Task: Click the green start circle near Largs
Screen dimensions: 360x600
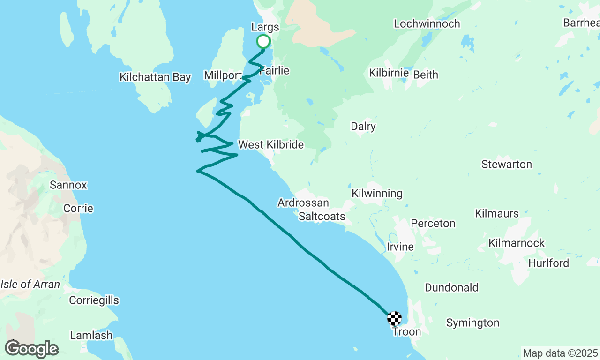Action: click(263, 41)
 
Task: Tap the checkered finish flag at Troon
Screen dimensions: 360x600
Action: click(395, 318)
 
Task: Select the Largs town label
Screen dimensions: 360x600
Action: click(265, 27)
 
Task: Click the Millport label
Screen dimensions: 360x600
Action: click(223, 75)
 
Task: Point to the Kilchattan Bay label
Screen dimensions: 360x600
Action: click(155, 77)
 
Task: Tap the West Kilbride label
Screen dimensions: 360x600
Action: click(271, 144)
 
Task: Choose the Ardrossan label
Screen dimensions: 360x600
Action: click(303, 203)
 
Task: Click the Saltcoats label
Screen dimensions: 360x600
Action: click(322, 216)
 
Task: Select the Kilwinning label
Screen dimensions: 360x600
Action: click(377, 193)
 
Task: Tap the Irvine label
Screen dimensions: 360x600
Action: click(400, 247)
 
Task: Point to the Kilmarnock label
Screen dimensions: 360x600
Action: click(517, 243)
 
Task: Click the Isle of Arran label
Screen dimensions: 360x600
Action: click(30, 284)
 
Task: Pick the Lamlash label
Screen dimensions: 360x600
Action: click(91, 335)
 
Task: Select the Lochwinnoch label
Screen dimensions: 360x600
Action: click(427, 23)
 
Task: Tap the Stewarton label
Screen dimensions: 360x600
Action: click(507, 164)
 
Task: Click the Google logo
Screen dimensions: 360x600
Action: click(32, 349)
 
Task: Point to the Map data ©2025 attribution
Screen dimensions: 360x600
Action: click(561, 353)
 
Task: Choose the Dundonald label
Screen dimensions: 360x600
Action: click(451, 287)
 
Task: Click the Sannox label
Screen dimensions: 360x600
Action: click(68, 185)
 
